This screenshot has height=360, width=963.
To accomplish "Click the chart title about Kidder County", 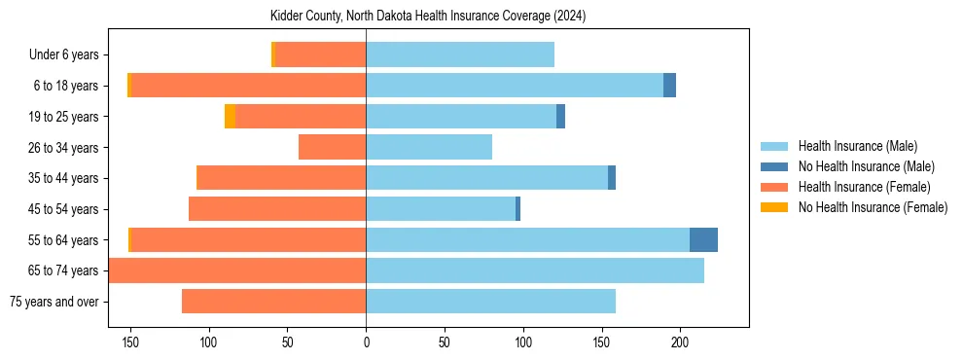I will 428,17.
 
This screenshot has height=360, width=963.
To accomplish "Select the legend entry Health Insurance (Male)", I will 852,146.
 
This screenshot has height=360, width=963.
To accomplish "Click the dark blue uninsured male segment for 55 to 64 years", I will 703,240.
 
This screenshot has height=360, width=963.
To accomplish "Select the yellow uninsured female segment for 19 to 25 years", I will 230,117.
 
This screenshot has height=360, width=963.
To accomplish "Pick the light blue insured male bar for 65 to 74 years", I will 534,270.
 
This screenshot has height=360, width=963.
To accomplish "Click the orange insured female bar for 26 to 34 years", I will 332,147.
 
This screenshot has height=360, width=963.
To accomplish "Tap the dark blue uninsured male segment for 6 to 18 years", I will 669,86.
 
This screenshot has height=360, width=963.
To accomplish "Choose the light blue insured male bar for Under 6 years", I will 459,55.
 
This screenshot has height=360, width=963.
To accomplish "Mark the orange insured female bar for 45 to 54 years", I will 276,209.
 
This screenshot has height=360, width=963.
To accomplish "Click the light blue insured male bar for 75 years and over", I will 490,302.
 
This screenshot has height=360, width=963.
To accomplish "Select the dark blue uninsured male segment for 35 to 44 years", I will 612,178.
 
